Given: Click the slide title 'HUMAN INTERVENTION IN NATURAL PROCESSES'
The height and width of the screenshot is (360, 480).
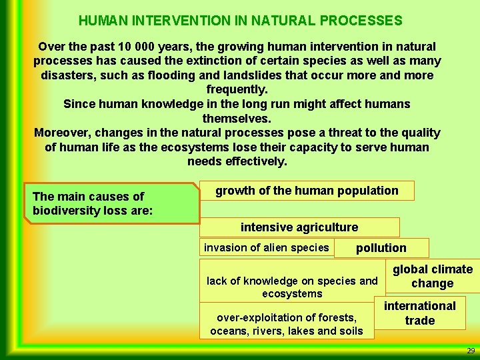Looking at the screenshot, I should click(x=240, y=21).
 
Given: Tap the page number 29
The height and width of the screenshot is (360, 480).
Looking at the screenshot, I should click(x=471, y=351).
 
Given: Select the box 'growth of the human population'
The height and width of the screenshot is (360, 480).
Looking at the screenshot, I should click(x=307, y=191).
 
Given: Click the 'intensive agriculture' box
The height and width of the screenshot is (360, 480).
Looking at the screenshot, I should click(x=299, y=227).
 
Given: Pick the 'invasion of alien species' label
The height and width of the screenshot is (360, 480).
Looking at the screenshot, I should click(x=266, y=248).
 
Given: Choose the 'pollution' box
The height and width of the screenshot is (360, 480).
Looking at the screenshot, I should click(x=381, y=248).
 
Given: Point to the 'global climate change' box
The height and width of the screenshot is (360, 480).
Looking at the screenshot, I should click(x=432, y=276).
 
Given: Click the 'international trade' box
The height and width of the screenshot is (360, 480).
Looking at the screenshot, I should click(x=419, y=313).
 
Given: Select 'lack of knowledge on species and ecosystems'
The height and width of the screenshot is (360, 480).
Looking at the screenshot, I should click(x=292, y=287).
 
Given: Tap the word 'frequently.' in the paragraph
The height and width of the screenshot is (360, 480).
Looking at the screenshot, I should click(x=237, y=89).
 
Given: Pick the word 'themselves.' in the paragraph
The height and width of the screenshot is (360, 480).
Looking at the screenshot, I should click(x=237, y=119).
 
